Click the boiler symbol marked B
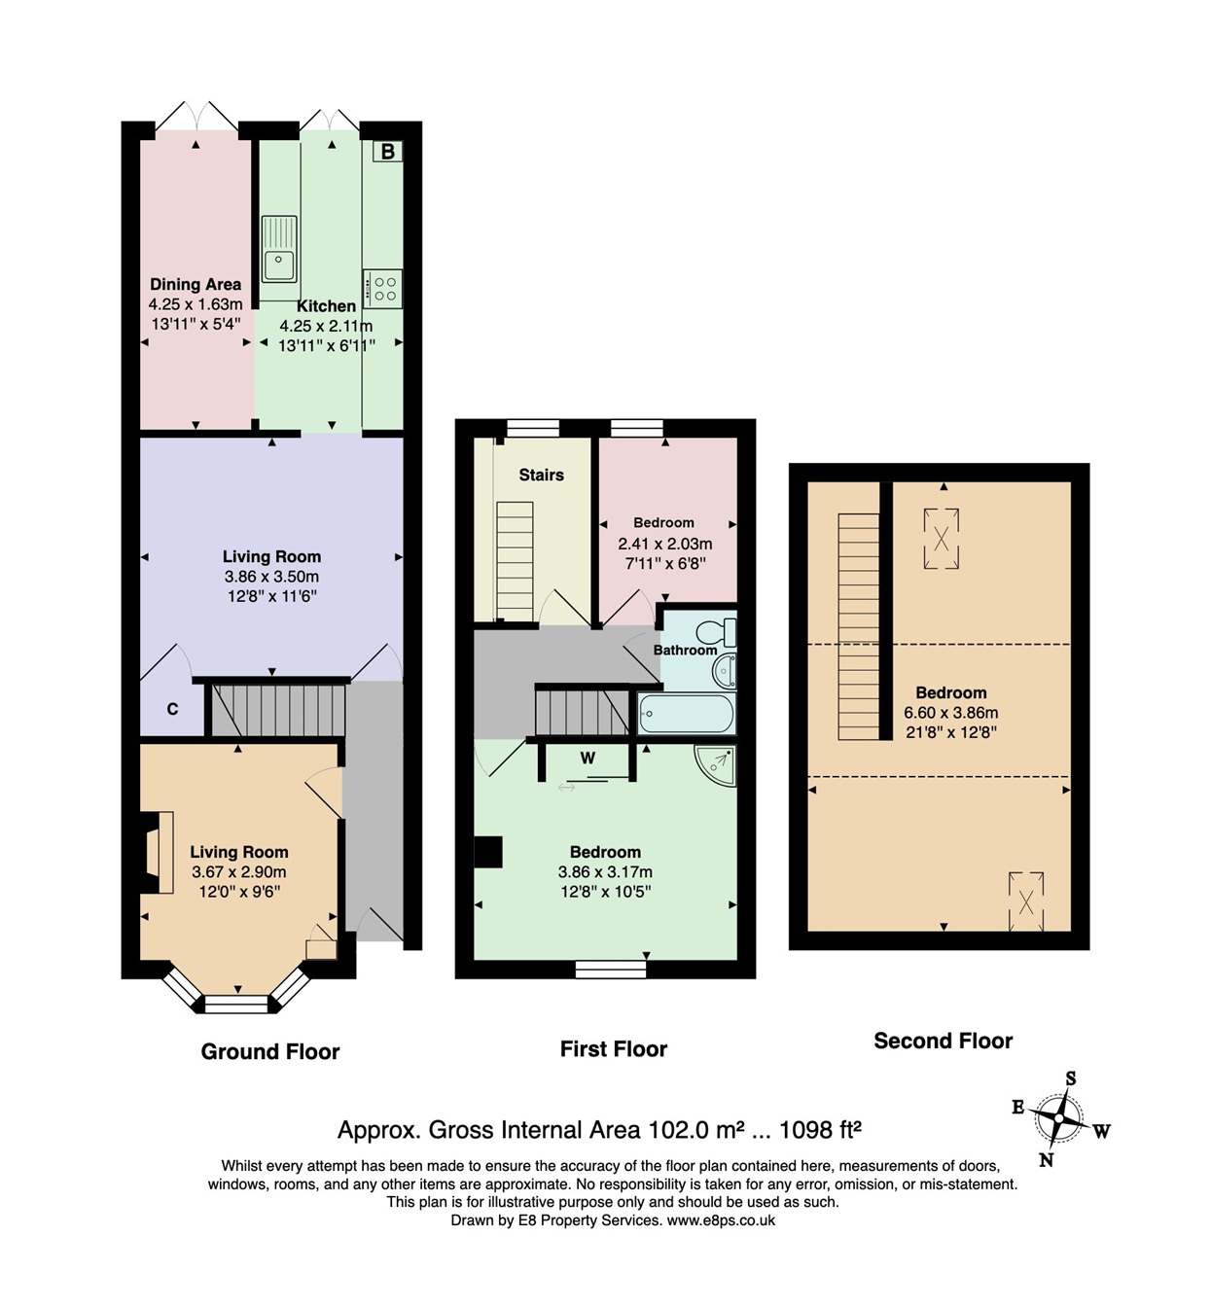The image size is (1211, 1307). (x=388, y=152)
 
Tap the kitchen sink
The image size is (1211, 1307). (x=279, y=249)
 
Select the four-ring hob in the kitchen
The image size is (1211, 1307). (x=382, y=288)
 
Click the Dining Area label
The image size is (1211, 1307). (x=196, y=284)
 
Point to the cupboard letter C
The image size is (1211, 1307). (x=172, y=709)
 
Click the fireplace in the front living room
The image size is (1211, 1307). (x=157, y=852)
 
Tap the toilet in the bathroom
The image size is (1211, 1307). (x=717, y=632)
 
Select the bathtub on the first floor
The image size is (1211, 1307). (x=686, y=713)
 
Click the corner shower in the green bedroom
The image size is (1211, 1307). (x=716, y=764)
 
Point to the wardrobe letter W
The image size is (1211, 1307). (x=588, y=759)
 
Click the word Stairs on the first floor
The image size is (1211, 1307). (x=541, y=476)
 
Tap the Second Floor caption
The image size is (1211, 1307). (x=943, y=1041)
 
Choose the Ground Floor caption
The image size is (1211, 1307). (x=270, y=1051)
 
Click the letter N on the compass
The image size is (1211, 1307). (x=1046, y=1159)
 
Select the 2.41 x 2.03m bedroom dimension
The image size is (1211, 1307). (x=665, y=544)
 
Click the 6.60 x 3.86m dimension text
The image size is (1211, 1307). (x=951, y=712)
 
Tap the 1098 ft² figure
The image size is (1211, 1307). (x=821, y=1130)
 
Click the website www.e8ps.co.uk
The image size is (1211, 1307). (x=721, y=1220)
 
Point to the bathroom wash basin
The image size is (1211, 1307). (x=724, y=671)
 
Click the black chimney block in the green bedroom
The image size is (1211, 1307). (x=488, y=852)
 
